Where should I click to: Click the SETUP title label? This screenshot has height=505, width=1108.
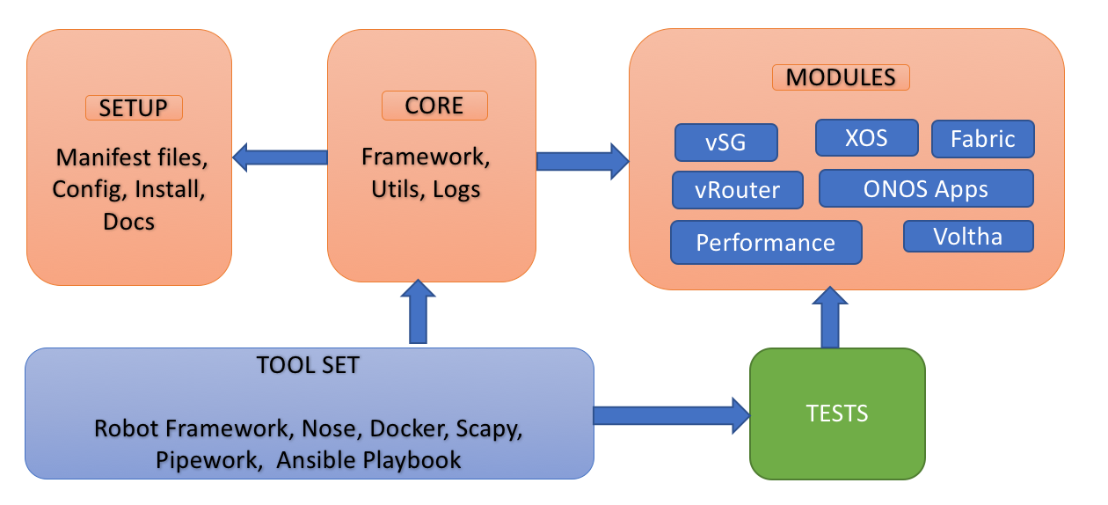click(134, 108)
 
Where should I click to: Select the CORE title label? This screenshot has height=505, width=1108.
click(434, 106)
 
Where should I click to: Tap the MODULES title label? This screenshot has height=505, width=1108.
click(841, 77)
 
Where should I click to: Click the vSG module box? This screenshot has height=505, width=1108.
click(725, 143)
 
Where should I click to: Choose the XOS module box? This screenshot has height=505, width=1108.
click(867, 137)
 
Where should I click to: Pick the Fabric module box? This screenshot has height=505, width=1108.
click(983, 139)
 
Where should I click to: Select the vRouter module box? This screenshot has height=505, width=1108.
click(738, 190)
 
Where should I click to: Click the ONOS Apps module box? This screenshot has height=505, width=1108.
click(926, 188)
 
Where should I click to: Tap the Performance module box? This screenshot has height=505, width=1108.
click(766, 243)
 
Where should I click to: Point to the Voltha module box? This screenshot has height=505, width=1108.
click(968, 236)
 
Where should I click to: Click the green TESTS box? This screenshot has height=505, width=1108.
click(837, 414)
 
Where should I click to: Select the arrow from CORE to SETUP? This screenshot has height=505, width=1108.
click(280, 157)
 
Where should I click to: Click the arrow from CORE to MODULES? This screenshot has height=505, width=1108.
click(583, 161)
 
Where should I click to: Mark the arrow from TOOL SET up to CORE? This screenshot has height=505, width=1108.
click(418, 311)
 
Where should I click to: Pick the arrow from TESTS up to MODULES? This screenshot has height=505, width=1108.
click(830, 318)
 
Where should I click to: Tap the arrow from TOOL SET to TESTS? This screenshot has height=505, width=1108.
click(672, 416)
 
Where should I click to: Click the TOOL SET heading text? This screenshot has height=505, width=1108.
click(308, 365)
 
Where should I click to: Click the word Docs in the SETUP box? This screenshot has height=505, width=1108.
click(128, 222)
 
